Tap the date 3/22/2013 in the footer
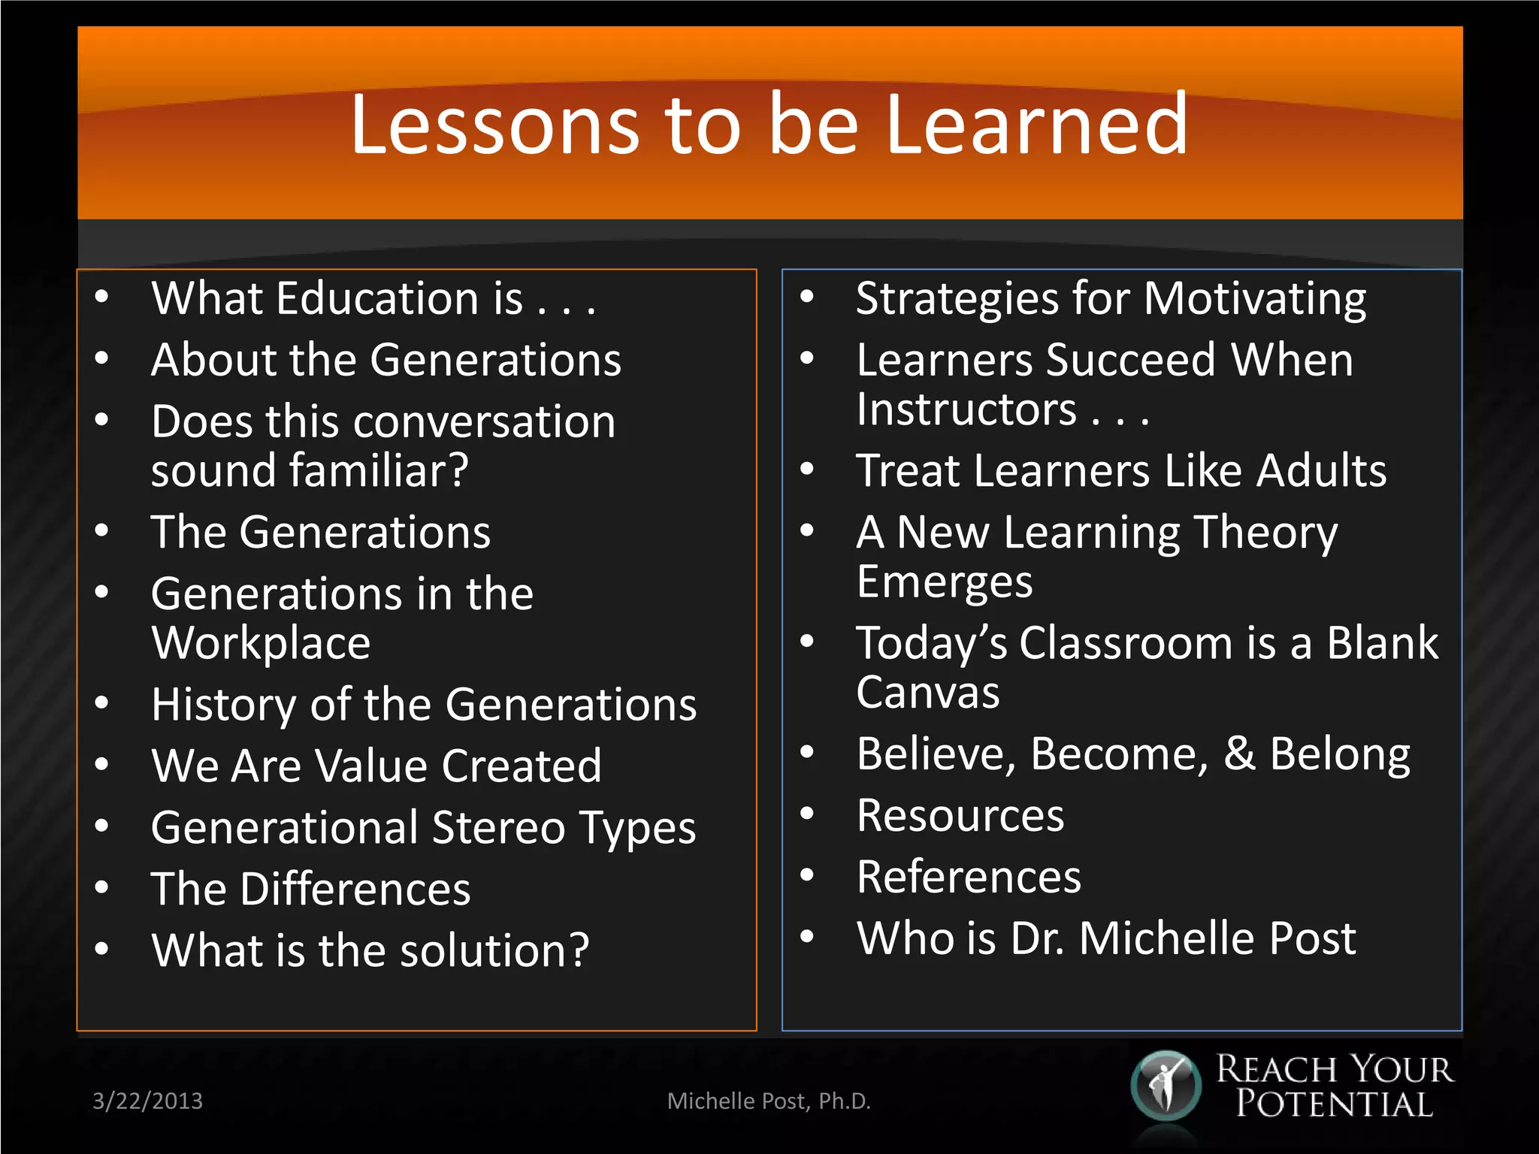pyautogui.click(x=147, y=1101)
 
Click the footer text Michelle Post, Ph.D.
pyautogui.click(x=769, y=1101)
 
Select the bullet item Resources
pyautogui.click(x=960, y=816)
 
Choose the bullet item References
pyautogui.click(x=969, y=877)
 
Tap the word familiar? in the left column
pyautogui.click(x=379, y=471)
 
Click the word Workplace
pyautogui.click(x=261, y=644)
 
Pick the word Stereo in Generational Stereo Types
pyautogui.click(x=498, y=828)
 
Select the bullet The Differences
pyautogui.click(x=310, y=890)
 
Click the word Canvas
pyautogui.click(x=928, y=692)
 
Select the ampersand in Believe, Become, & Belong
pyautogui.click(x=1239, y=754)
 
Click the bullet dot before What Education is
pyautogui.click(x=102, y=297)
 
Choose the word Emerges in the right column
pyautogui.click(x=945, y=582)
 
